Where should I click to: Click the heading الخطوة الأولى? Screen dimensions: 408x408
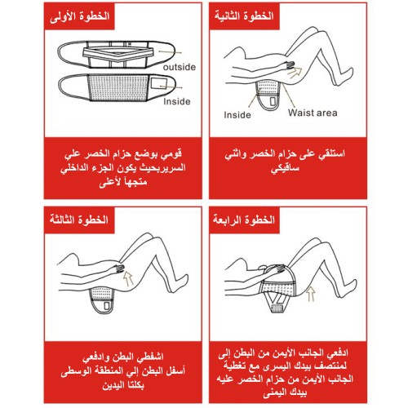(x=79, y=16)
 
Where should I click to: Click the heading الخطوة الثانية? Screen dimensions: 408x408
(x=244, y=16)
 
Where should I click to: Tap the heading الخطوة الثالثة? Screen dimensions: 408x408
(x=79, y=220)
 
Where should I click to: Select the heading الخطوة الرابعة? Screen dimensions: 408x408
(x=244, y=220)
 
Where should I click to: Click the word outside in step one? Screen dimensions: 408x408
(x=180, y=67)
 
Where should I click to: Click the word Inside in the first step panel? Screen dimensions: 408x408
(x=177, y=101)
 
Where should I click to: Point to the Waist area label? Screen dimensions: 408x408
(x=313, y=113)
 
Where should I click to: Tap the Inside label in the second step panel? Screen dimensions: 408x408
(x=237, y=115)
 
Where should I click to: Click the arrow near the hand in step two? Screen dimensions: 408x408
(x=295, y=72)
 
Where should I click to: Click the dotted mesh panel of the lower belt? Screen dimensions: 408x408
(x=118, y=87)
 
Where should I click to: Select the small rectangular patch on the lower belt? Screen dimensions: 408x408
(x=158, y=83)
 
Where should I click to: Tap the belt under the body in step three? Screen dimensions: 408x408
(x=101, y=300)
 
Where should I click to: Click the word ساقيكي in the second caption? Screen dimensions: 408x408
(x=285, y=168)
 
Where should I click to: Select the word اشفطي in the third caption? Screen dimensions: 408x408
(x=150, y=357)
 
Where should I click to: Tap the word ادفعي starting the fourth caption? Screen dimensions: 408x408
(x=337, y=353)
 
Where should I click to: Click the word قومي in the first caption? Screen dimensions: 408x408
(x=171, y=154)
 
